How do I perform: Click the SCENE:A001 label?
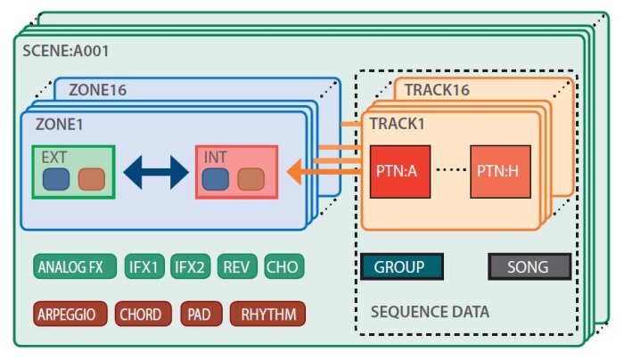pyautogui.click(x=65, y=51)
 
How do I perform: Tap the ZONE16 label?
pyautogui.click(x=88, y=90)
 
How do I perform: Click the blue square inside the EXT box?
pyautogui.click(x=56, y=180)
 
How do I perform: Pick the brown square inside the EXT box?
pyautogui.click(x=91, y=180)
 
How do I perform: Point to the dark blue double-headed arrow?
pyautogui.click(x=156, y=172)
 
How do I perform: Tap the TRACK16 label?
pyautogui.click(x=436, y=90)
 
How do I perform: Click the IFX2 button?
pyautogui.click(x=190, y=266)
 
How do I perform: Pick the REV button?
pyautogui.click(x=237, y=266)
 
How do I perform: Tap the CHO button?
pyautogui.click(x=283, y=266)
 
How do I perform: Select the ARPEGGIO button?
pyautogui.click(x=71, y=314)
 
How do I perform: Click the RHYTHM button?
pyautogui.click(x=268, y=314)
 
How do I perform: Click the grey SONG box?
pyautogui.click(x=530, y=266)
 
